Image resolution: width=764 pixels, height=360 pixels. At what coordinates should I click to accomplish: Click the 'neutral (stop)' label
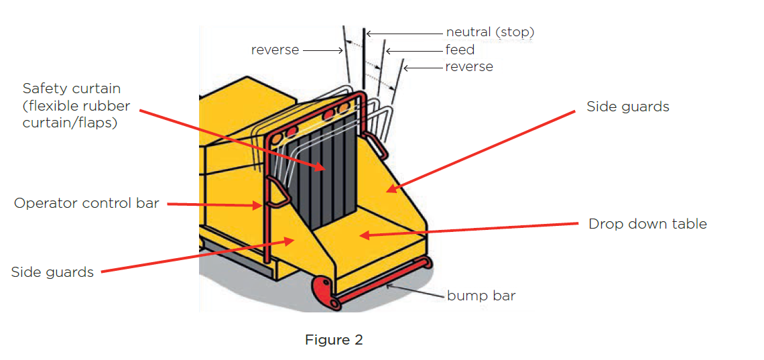point(490,32)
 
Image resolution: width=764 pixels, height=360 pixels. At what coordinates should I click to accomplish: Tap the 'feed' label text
point(460,50)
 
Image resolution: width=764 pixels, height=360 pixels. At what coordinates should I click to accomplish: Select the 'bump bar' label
point(481,296)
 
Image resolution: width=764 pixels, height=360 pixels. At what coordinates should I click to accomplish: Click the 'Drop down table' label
point(647,224)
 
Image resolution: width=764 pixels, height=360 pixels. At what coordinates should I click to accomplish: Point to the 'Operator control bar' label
point(86,203)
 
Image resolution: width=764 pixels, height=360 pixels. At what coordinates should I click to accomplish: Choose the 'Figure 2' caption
point(334,340)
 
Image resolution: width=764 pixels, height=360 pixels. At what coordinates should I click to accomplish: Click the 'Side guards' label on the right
point(627,107)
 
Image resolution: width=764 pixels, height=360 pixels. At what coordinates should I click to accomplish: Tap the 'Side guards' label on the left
point(52,272)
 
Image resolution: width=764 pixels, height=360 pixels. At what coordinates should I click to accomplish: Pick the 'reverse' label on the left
point(275,50)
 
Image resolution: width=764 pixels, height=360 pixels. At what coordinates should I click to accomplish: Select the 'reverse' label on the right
point(469,67)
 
